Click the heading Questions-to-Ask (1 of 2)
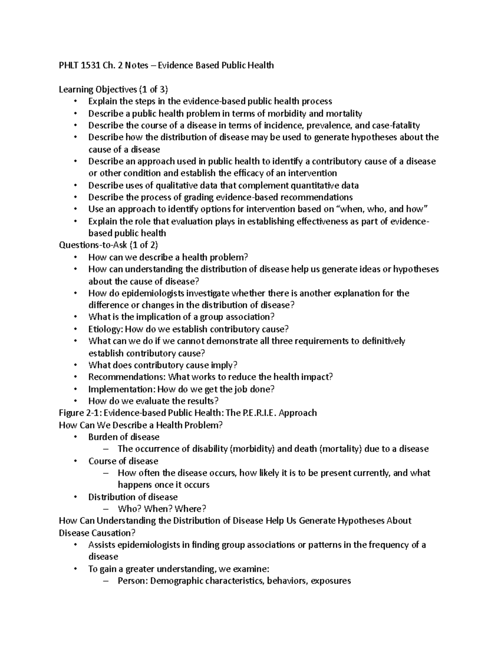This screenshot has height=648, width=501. point(109,245)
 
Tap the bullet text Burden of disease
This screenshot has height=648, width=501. point(124,437)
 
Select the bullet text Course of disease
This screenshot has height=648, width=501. point(123,461)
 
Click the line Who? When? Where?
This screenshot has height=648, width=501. point(162,509)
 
